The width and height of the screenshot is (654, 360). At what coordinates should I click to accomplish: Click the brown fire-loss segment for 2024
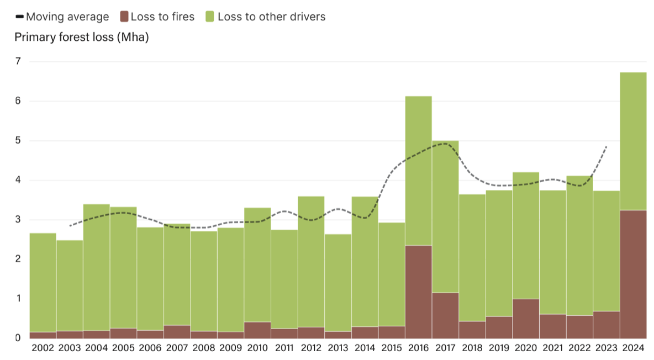633,274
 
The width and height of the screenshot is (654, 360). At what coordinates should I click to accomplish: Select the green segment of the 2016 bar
419,171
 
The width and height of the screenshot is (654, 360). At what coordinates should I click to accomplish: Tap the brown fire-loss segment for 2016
419,292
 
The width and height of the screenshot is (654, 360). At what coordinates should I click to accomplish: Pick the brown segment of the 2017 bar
445,315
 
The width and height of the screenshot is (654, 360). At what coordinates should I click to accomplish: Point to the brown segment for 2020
526,319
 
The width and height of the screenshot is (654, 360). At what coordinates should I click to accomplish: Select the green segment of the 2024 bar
633,141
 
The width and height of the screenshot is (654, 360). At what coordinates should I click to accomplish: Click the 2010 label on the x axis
257,348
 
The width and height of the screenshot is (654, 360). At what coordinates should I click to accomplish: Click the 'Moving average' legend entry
62,17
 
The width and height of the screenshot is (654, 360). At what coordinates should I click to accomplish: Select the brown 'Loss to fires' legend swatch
124,17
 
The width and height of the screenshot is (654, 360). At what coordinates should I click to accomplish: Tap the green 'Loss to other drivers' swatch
210,17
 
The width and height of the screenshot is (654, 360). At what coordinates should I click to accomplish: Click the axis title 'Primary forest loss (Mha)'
82,38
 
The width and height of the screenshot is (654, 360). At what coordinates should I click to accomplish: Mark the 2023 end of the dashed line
606,146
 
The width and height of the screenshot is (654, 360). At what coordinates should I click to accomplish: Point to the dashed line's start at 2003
70,226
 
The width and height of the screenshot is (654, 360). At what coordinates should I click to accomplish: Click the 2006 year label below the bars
150,348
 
